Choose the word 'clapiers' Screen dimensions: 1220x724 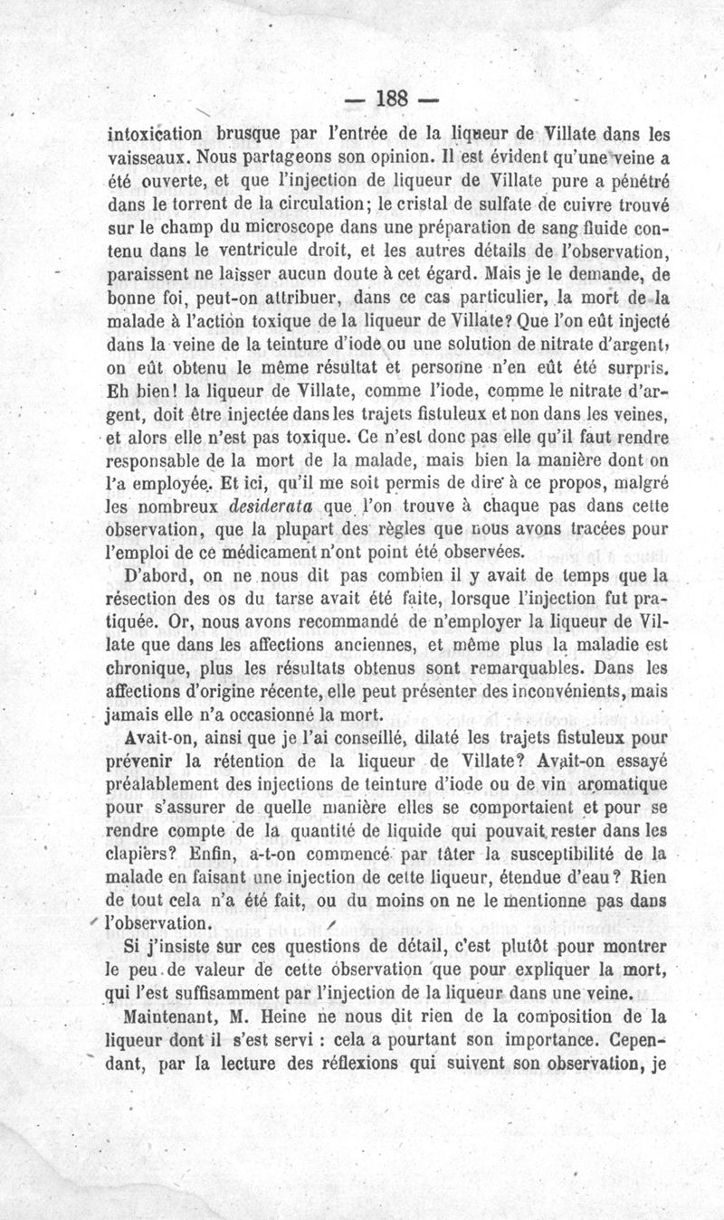pos(143,855)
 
